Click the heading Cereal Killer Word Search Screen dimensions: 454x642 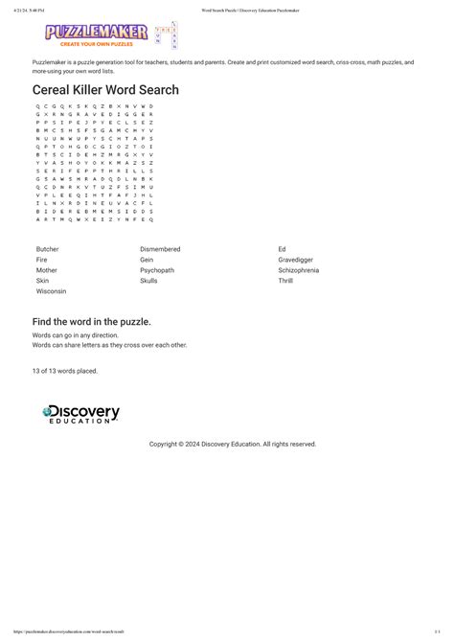click(105, 89)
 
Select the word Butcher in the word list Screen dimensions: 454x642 click(48, 249)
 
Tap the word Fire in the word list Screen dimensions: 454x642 click(42, 260)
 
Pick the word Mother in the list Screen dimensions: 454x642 click(47, 270)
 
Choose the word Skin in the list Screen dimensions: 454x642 click(42, 281)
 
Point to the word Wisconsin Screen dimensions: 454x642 click(52, 291)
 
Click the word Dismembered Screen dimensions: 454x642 click(160, 249)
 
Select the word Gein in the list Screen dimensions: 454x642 click(147, 260)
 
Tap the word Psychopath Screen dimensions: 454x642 click(157, 270)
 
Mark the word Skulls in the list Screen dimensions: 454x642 click(148, 281)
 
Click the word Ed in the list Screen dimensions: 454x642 click(282, 249)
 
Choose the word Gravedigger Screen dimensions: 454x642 click(296, 260)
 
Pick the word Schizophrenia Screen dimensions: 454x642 click(299, 270)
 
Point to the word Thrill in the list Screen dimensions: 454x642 click(285, 281)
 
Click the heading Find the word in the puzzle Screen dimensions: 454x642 click(92, 321)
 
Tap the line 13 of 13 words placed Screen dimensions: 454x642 click(65, 370)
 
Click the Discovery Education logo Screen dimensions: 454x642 click(81, 415)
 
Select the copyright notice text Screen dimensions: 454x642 click(233, 444)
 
